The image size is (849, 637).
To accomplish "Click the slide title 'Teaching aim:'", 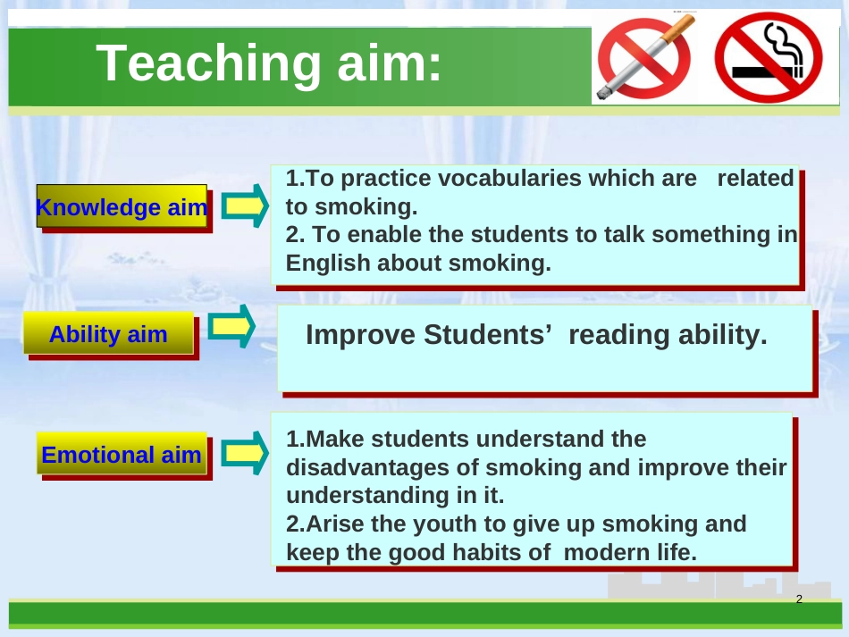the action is (x=269, y=63).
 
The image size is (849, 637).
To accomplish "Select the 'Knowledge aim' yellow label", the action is (x=122, y=206).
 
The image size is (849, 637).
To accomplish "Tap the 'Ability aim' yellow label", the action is (x=108, y=333).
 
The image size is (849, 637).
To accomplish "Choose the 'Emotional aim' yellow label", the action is (x=122, y=454).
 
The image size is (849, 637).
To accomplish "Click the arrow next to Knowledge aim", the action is (x=245, y=205).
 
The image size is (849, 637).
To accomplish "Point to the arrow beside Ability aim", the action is (x=231, y=326).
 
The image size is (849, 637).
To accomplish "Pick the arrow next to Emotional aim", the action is (x=245, y=453).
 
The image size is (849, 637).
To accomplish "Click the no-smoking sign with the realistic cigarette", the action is (x=644, y=57).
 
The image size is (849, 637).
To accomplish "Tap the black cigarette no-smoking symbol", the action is (x=769, y=57).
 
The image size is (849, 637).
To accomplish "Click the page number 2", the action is (x=799, y=599).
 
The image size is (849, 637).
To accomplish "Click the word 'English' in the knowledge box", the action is (x=328, y=264).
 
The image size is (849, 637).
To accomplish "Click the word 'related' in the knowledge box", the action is (x=755, y=178).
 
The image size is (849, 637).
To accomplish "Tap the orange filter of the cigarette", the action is (x=678, y=28).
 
